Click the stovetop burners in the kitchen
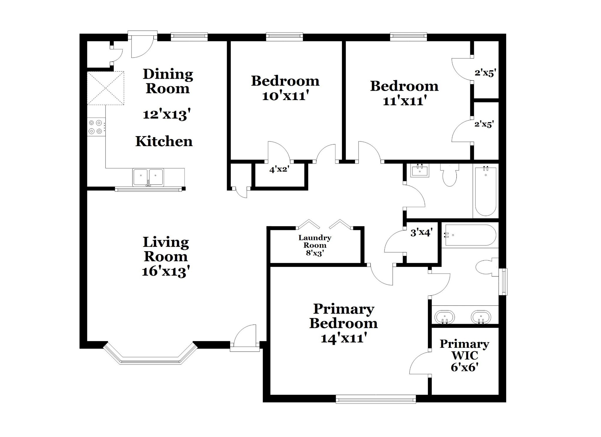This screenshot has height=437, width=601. (x=96, y=127)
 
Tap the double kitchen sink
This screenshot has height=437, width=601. (x=148, y=177)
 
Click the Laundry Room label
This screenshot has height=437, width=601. (x=315, y=241)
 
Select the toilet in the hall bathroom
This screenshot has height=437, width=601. (x=449, y=175)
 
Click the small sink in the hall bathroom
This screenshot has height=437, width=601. (x=420, y=170)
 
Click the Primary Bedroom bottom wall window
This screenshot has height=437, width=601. (x=376, y=399)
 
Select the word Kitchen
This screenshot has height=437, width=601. (x=164, y=141)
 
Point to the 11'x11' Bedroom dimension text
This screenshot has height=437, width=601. (x=405, y=101)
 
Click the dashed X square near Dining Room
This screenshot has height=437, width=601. (x=106, y=88)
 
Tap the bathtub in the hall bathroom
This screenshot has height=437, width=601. (x=486, y=191)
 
